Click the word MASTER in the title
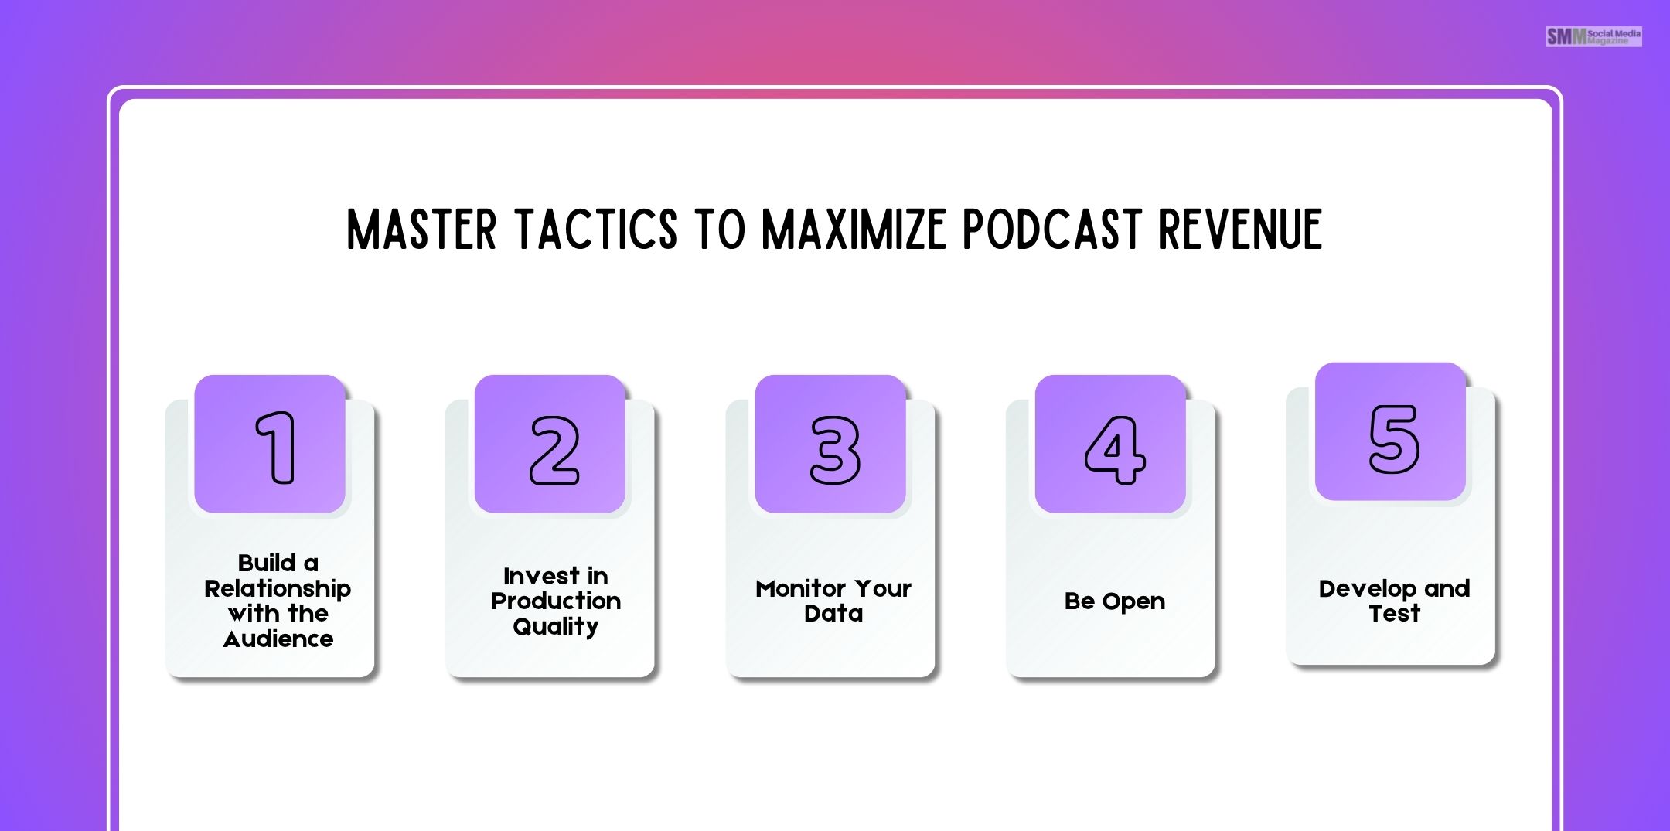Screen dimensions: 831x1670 click(x=421, y=230)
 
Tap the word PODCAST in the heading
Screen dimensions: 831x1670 click(x=1052, y=230)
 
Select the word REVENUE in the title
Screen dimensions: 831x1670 click(x=1241, y=230)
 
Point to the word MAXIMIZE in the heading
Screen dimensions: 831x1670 click(x=854, y=230)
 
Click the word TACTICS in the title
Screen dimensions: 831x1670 click(x=596, y=230)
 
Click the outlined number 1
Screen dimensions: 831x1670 click(x=276, y=448)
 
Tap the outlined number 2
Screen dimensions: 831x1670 click(x=554, y=450)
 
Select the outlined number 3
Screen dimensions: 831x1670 click(x=834, y=450)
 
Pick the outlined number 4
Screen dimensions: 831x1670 click(x=1114, y=450)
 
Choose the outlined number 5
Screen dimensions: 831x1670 click(x=1394, y=439)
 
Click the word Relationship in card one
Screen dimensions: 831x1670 click(x=278, y=589)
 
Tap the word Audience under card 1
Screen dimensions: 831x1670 click(x=278, y=639)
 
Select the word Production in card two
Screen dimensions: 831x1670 click(x=556, y=601)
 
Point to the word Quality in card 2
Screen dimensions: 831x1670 click(x=556, y=627)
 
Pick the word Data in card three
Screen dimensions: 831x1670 click(x=833, y=614)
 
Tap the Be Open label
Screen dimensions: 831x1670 click(x=1114, y=601)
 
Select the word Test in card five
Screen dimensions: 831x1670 click(x=1394, y=614)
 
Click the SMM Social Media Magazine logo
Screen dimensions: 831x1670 click(x=1593, y=36)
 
